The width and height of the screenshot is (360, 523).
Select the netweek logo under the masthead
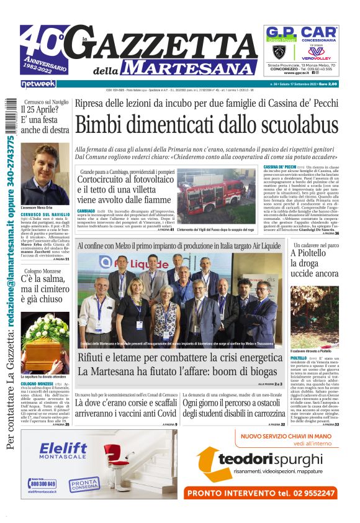38,83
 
